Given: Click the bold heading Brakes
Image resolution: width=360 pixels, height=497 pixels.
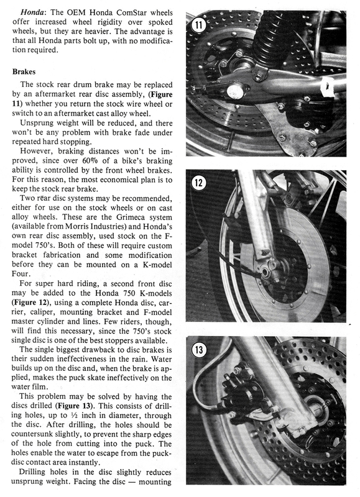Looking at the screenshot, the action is (24, 71).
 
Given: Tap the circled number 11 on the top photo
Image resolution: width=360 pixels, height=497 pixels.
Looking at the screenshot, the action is (198, 25).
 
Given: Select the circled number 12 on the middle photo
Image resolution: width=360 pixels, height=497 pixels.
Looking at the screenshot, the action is (199, 183).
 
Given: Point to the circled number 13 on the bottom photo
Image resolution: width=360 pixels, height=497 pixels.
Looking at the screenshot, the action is (199, 350).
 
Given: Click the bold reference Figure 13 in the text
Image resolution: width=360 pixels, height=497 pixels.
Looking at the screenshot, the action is (75, 406).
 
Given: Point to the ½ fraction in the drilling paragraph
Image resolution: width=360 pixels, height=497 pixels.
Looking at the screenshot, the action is (73, 415).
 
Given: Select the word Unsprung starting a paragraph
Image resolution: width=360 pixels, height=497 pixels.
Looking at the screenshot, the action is (35, 123).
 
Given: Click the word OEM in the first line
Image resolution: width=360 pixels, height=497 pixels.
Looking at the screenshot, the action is (76, 12).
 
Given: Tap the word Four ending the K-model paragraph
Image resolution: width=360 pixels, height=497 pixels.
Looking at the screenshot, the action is (20, 273).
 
